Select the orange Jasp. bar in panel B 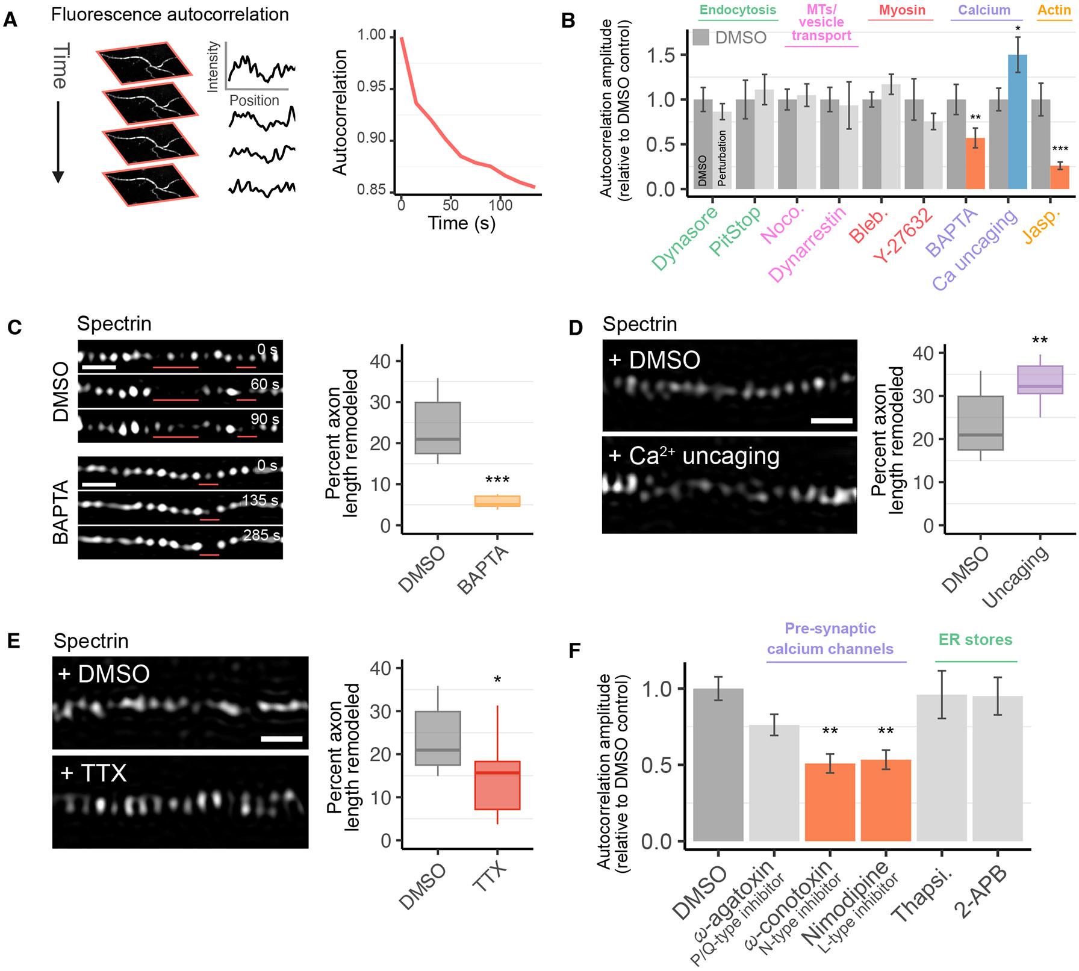point(1060,178)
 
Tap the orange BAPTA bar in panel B point(975,164)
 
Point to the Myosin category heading point(901,11)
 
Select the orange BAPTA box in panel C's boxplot point(497,501)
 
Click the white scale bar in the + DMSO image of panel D point(832,421)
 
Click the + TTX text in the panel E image point(94,772)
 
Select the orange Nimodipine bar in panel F point(886,800)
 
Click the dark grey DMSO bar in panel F point(718,765)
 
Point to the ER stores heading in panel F point(975,639)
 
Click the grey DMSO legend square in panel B point(700,37)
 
